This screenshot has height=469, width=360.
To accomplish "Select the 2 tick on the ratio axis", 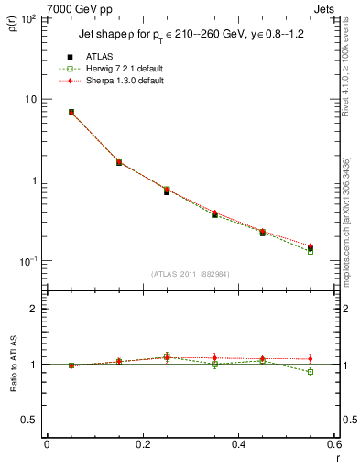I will pyautogui.click(x=33, y=309).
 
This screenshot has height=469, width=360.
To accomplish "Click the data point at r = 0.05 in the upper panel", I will pyautogui.click(x=71, y=112).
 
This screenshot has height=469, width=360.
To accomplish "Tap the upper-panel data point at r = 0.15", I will pyautogui.click(x=119, y=162).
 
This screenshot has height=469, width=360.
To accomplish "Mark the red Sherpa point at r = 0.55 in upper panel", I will pyautogui.click(x=311, y=246).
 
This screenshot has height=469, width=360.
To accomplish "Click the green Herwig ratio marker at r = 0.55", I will pyautogui.click(x=311, y=372).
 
